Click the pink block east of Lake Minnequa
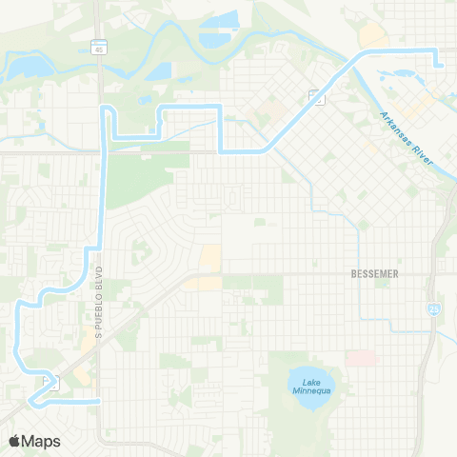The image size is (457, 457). click(x=361, y=358)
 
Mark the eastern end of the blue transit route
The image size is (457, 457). click(x=443, y=66)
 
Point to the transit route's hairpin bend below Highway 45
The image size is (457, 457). click(x=109, y=111)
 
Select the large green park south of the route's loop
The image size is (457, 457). click(x=133, y=181)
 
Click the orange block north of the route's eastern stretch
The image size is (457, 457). click(x=372, y=35)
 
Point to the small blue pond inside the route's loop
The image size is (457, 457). click(x=145, y=99)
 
